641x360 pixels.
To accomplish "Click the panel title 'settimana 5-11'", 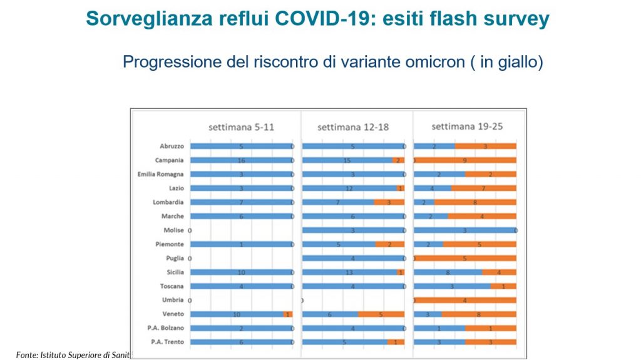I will pyautogui.click(x=241, y=127).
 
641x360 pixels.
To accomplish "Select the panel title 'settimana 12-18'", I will pyautogui.click(x=353, y=127).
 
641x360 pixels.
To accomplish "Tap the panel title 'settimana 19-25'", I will pyautogui.click(x=468, y=126).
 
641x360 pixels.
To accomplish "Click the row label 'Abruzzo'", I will pyautogui.click(x=172, y=147).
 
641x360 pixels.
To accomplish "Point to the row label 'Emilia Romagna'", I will pyautogui.click(x=161, y=174).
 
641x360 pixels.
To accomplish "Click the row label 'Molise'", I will pyautogui.click(x=173, y=230).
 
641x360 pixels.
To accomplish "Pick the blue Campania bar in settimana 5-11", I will pyautogui.click(x=241, y=160).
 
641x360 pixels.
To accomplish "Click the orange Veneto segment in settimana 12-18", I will pyautogui.click(x=381, y=314).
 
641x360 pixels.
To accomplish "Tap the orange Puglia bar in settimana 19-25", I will pyautogui.click(x=465, y=258).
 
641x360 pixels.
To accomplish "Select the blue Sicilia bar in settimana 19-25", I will pyautogui.click(x=448, y=272).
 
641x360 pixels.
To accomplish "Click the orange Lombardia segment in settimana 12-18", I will pyautogui.click(x=389, y=202).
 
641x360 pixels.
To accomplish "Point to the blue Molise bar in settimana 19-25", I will pyautogui.click(x=464, y=230).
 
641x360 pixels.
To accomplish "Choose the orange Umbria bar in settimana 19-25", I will pyautogui.click(x=465, y=300).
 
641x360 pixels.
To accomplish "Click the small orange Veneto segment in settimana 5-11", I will pyautogui.click(x=288, y=314).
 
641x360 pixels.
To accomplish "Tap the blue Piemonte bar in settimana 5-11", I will pyautogui.click(x=241, y=244).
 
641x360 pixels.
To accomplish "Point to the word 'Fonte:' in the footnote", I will pyautogui.click(x=27, y=354).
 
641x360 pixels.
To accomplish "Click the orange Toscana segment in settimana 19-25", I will pyautogui.click(x=503, y=286).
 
